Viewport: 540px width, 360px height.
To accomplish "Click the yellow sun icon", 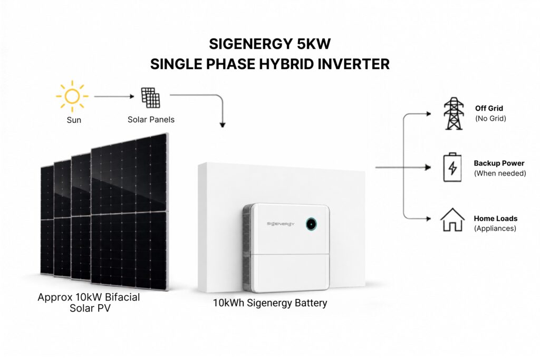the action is (72, 96).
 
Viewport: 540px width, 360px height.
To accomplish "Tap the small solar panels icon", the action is (151, 98).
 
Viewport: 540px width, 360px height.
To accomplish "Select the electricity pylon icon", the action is (454, 113).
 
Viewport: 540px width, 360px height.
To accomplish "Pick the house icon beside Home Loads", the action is (452, 220).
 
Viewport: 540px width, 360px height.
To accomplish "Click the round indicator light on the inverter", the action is (311, 224).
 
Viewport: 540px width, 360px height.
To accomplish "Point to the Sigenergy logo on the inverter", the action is (281, 224).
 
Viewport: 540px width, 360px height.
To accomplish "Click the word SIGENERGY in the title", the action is (246, 44).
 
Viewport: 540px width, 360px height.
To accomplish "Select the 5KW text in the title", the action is (309, 44).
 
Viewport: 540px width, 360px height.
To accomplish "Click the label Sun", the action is (74, 120).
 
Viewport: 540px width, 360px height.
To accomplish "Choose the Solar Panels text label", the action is (151, 120).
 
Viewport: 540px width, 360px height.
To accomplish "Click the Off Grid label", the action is (489, 109).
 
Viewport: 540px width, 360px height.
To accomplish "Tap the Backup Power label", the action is (499, 163).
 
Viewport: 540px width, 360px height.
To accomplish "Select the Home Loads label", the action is (496, 219).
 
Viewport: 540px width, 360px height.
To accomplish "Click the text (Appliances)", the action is (495, 229).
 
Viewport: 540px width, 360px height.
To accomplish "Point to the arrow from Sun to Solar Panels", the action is (114, 96).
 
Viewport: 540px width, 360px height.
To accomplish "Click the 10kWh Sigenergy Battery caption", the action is (270, 303).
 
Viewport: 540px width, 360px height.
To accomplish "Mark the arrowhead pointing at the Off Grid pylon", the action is (429, 113).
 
